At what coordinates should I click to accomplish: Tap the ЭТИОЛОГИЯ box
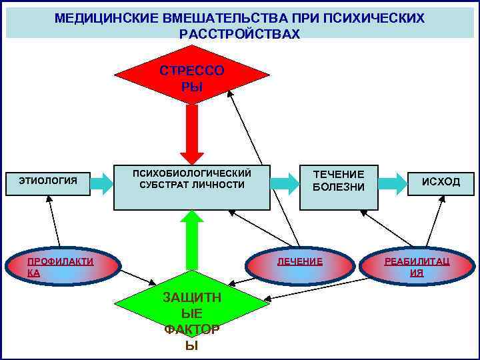pyautogui.click(x=47, y=181)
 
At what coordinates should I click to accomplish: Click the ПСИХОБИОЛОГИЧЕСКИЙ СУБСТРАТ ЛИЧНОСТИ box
pyautogui.click(x=192, y=187)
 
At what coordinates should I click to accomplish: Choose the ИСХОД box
pyautogui.click(x=440, y=182)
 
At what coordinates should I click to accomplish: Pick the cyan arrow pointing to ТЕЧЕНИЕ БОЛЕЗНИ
pyautogui.click(x=285, y=182)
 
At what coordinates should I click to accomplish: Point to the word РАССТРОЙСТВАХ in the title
pyautogui.click(x=240, y=33)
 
